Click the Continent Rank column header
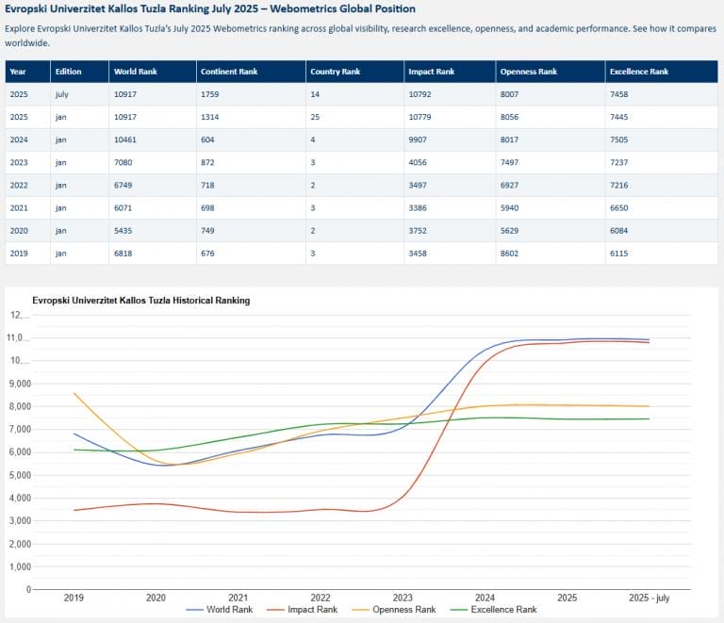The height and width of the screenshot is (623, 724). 229,72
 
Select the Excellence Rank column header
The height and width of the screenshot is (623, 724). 639,72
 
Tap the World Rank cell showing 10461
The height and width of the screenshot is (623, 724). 125,139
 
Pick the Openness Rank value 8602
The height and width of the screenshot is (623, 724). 509,254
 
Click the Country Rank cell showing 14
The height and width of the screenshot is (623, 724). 315,94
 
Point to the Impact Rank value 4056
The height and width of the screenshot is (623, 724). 418,162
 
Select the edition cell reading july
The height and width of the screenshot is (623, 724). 62,94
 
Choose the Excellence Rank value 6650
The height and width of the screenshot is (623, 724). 618,208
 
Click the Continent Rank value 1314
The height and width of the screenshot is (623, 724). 209,117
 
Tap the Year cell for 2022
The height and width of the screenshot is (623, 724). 19,185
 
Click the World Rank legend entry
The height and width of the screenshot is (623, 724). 220,610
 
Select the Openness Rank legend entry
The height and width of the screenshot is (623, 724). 394,610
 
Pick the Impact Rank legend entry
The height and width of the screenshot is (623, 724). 302,610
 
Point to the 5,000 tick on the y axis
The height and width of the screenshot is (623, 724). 20,475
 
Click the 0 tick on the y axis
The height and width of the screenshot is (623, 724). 28,589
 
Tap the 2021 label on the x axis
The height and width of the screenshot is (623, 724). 239,598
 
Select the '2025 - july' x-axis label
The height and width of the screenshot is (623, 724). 650,598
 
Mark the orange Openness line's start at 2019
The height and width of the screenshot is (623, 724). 74,394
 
